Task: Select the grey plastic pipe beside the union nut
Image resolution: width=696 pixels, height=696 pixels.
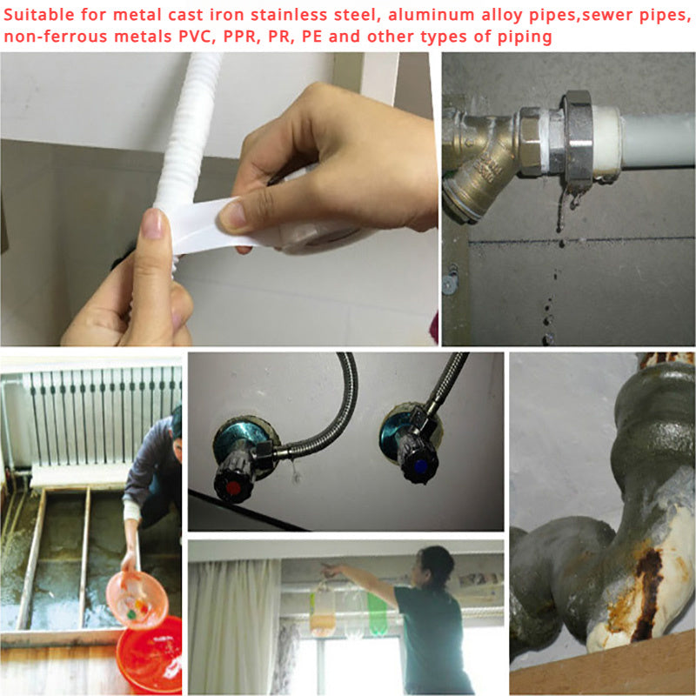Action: point(652,139)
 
